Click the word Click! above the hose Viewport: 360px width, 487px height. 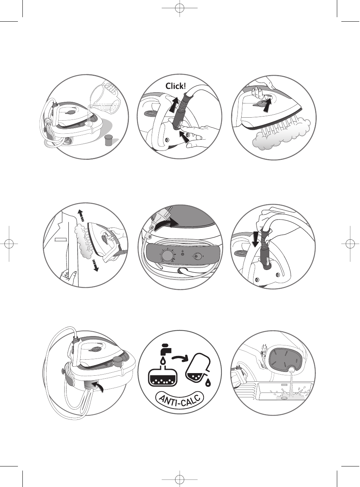(x=176, y=86)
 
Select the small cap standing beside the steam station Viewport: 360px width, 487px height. (x=109, y=140)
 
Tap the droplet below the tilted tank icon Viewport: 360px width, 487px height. (x=208, y=382)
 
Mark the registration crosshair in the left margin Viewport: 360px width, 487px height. (x=9, y=243)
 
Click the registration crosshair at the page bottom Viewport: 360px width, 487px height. (x=180, y=478)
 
